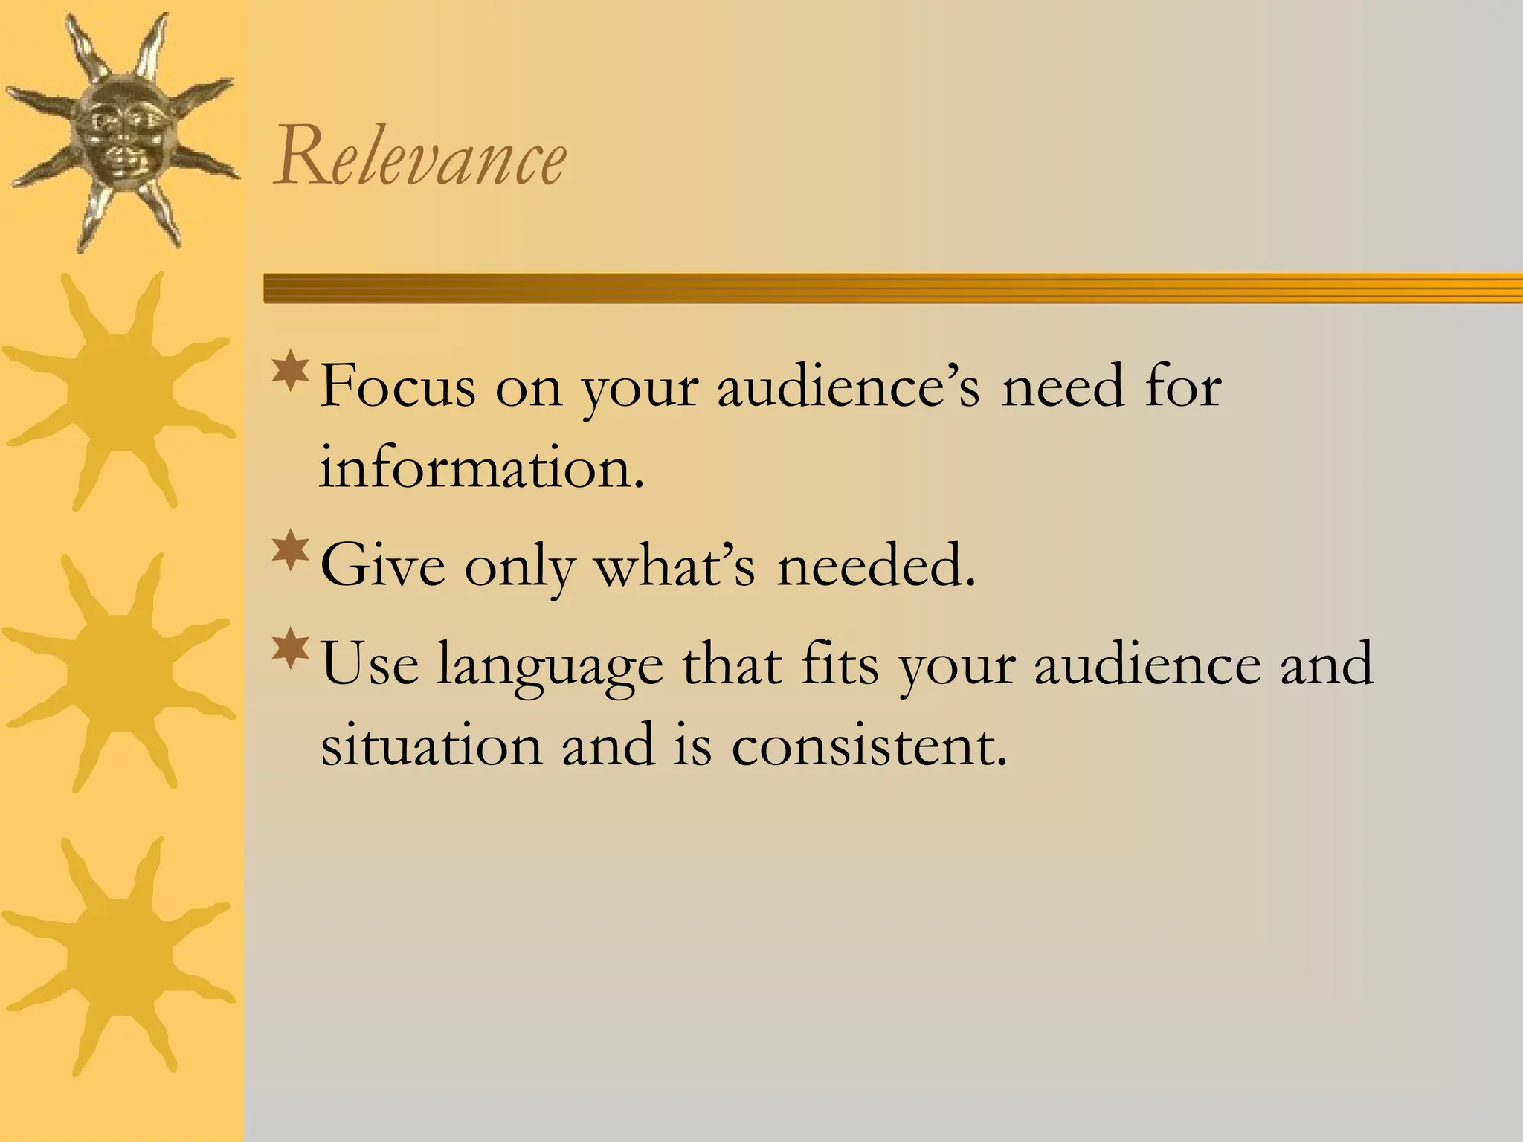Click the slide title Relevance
(420, 158)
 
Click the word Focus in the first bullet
(397, 387)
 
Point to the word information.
(481, 468)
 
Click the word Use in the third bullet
(370, 663)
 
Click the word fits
(840, 663)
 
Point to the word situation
(431, 745)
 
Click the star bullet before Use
(291, 649)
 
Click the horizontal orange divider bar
(892, 288)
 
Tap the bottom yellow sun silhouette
(119, 956)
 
